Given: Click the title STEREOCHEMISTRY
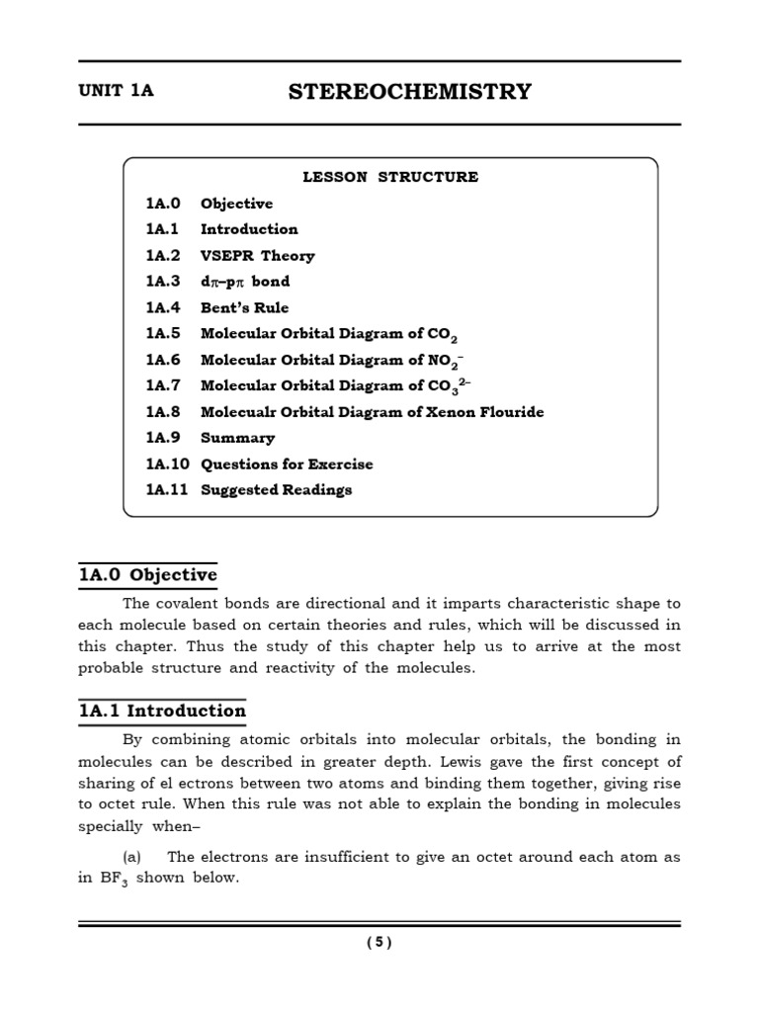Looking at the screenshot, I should coord(409,92).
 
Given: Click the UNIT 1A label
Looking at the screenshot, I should coord(117,91).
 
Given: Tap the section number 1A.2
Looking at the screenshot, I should coord(163,255).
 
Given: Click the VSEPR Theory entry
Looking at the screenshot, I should coord(257,255).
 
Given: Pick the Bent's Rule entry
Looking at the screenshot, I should coord(244,307).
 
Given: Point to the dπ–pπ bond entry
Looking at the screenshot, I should coord(245,282).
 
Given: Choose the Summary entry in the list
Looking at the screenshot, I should coord(237,438).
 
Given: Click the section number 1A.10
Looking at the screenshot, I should coord(167,464).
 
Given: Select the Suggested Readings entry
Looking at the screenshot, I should coord(276,489).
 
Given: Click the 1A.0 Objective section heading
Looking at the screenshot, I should coord(148,575).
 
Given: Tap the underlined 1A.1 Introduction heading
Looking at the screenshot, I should coord(162,711).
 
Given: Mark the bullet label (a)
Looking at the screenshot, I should coord(133,857).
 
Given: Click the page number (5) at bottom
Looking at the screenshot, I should coord(379,942).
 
